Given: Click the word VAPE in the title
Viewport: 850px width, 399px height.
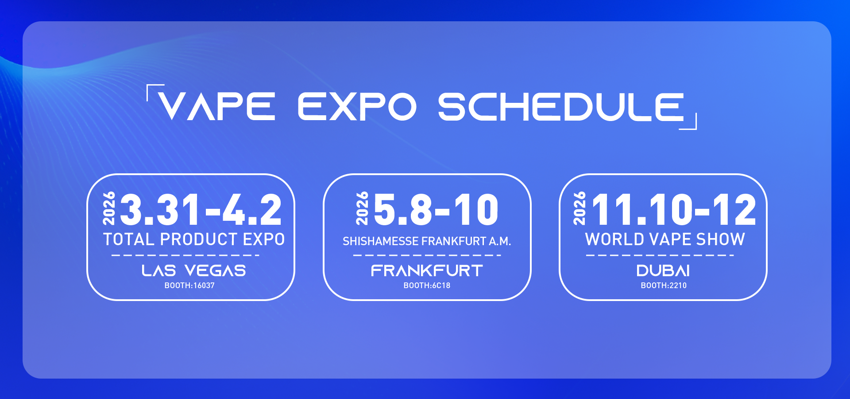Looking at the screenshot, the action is tap(217, 106).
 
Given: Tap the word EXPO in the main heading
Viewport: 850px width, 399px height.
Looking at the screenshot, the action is tap(357, 106).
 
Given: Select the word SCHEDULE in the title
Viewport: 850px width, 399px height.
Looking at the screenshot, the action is tap(561, 106).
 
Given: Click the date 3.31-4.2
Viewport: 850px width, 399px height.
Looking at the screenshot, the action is tap(201, 210).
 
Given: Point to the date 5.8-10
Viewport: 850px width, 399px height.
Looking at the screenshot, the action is tap(437, 210).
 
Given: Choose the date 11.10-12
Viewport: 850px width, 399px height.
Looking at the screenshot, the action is tap(674, 210).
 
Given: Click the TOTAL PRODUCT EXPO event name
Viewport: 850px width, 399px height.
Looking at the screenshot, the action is tap(194, 239).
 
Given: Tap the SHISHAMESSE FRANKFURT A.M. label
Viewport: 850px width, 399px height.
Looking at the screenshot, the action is tap(427, 241).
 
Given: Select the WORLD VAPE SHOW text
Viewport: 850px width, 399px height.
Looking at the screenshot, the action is tap(665, 239).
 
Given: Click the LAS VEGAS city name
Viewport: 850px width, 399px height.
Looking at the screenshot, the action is tap(194, 270).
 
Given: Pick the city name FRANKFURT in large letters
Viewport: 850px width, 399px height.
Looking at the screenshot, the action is tap(427, 270).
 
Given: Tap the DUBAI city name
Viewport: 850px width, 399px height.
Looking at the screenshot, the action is tap(663, 270).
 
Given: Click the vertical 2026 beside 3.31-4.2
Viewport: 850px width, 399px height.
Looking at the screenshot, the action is tap(109, 208).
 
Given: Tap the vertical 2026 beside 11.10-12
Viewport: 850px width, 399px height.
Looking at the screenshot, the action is tap(579, 208).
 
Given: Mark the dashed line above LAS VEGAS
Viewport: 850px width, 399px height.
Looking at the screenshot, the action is tap(185, 255).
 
